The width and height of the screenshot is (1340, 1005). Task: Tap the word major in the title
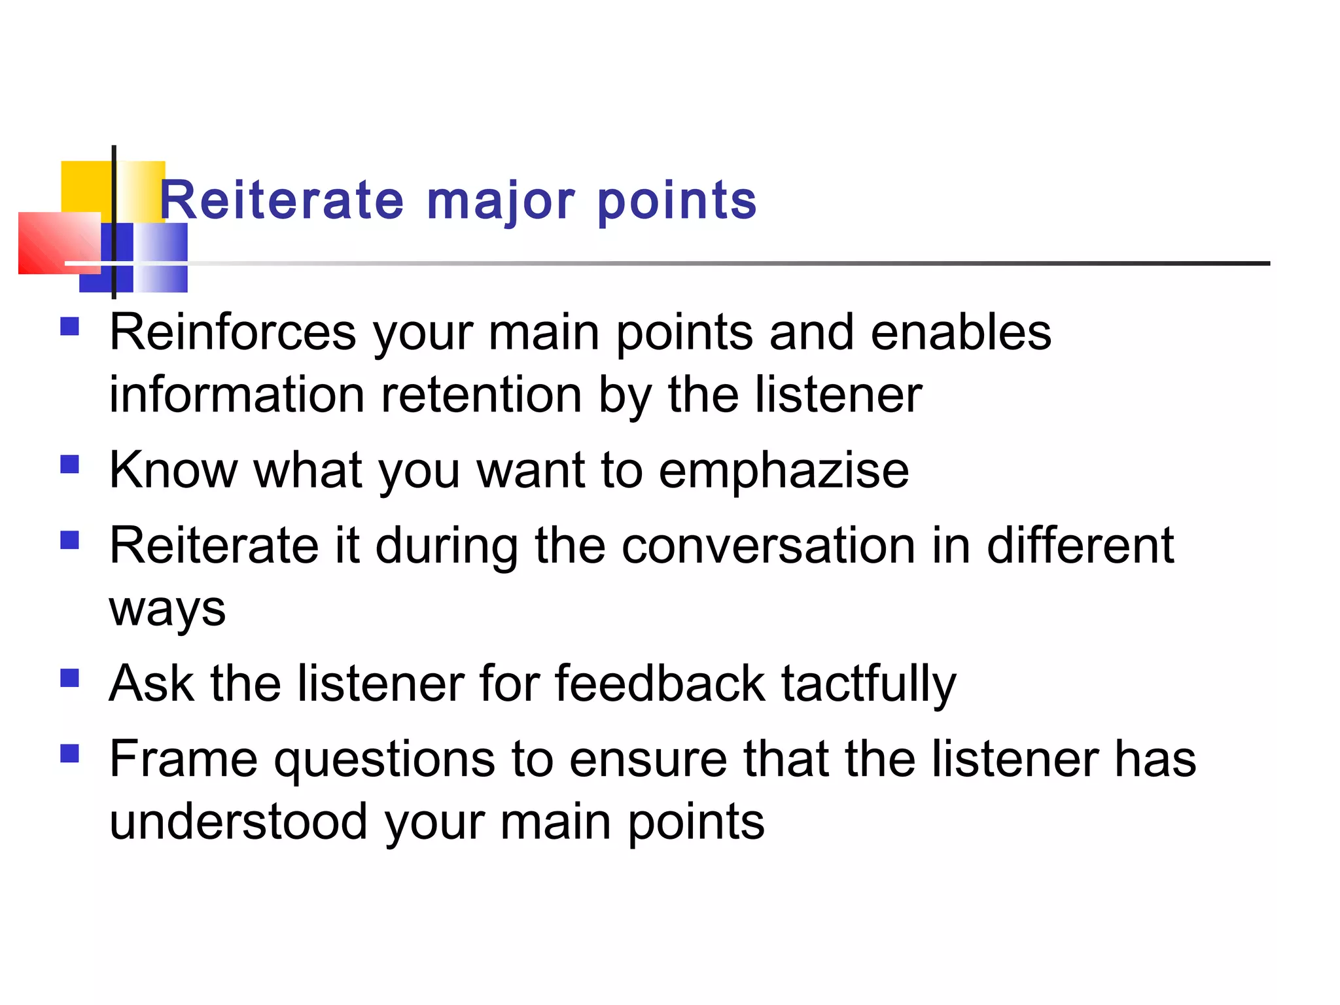coord(501,202)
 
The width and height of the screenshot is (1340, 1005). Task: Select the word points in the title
coord(677,202)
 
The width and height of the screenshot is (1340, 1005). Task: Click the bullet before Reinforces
coord(69,326)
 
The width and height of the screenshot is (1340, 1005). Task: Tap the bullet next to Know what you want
coord(69,465)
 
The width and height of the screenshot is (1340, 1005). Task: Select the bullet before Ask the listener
coord(69,678)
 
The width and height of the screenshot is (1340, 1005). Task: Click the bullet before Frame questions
coord(69,754)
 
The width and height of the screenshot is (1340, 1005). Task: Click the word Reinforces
coord(233,332)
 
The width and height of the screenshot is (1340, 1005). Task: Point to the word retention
coord(482,395)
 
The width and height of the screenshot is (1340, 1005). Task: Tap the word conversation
coord(768,546)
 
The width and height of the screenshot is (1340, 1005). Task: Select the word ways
coord(167,610)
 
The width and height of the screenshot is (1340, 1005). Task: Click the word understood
coord(238,822)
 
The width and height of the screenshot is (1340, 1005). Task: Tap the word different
coord(1080,546)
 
